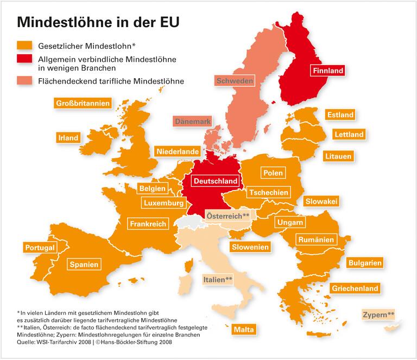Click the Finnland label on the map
pyautogui.click(x=328, y=70)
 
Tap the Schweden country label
pyautogui.click(x=235, y=81)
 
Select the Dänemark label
pyautogui.click(x=192, y=122)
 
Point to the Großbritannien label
pyautogui.click(x=83, y=103)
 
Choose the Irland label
pyautogui.click(x=68, y=138)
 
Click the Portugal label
pyautogui.click(x=40, y=248)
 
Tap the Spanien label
pyautogui.click(x=84, y=265)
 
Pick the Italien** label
pyautogui.click(x=217, y=279)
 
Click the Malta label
pyautogui.click(x=243, y=330)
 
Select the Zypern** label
pyautogui.click(x=379, y=314)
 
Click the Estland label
pyautogui.click(x=340, y=115)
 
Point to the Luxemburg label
pyautogui.click(x=163, y=203)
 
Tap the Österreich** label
pyautogui.click(x=228, y=216)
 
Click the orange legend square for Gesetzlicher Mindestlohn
pyautogui.click(x=24, y=45)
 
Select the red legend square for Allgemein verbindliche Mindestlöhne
pyautogui.click(x=24, y=59)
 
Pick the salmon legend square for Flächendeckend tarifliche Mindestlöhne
pyautogui.click(x=24, y=81)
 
